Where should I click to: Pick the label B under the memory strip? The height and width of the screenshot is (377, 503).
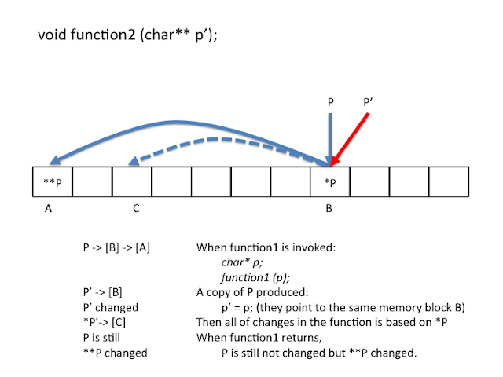point(329,210)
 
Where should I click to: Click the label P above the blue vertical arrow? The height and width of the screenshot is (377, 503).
point(331,101)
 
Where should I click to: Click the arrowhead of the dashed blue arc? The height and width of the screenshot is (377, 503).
point(134,161)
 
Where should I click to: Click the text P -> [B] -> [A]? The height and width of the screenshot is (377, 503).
point(116,247)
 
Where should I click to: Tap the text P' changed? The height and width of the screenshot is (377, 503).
point(110,308)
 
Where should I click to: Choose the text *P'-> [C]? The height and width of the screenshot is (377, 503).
point(108,323)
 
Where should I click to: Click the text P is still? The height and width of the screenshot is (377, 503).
point(103,338)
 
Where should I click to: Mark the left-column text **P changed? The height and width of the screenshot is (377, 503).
point(115,353)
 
